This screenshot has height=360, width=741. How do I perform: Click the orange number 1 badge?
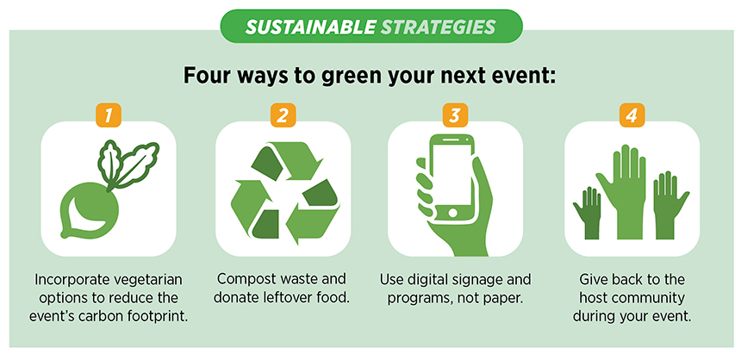109,115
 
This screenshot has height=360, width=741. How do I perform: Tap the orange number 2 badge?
283,115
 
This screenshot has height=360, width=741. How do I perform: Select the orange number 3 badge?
455,115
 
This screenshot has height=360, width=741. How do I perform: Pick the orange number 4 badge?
632,115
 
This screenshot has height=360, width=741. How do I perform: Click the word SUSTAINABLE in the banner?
310,27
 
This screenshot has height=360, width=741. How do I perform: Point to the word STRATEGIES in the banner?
438,27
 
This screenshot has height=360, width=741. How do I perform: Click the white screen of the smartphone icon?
452,174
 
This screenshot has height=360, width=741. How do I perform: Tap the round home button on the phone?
452,213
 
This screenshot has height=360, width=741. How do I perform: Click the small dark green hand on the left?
588,213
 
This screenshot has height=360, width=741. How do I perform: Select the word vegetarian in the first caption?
148,279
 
